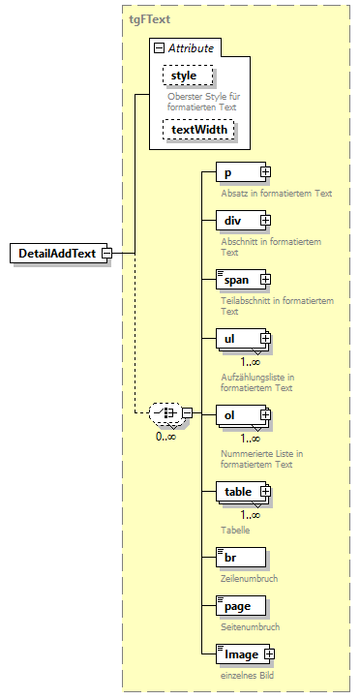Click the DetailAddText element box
click(56, 254)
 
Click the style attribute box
click(184, 76)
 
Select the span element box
click(238, 280)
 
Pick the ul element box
click(238, 339)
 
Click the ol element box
click(238, 415)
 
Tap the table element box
click(238, 492)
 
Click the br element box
click(238, 559)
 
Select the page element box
click(238, 606)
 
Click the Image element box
click(236, 654)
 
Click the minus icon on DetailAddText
click(106, 254)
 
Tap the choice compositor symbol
click(167, 414)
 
